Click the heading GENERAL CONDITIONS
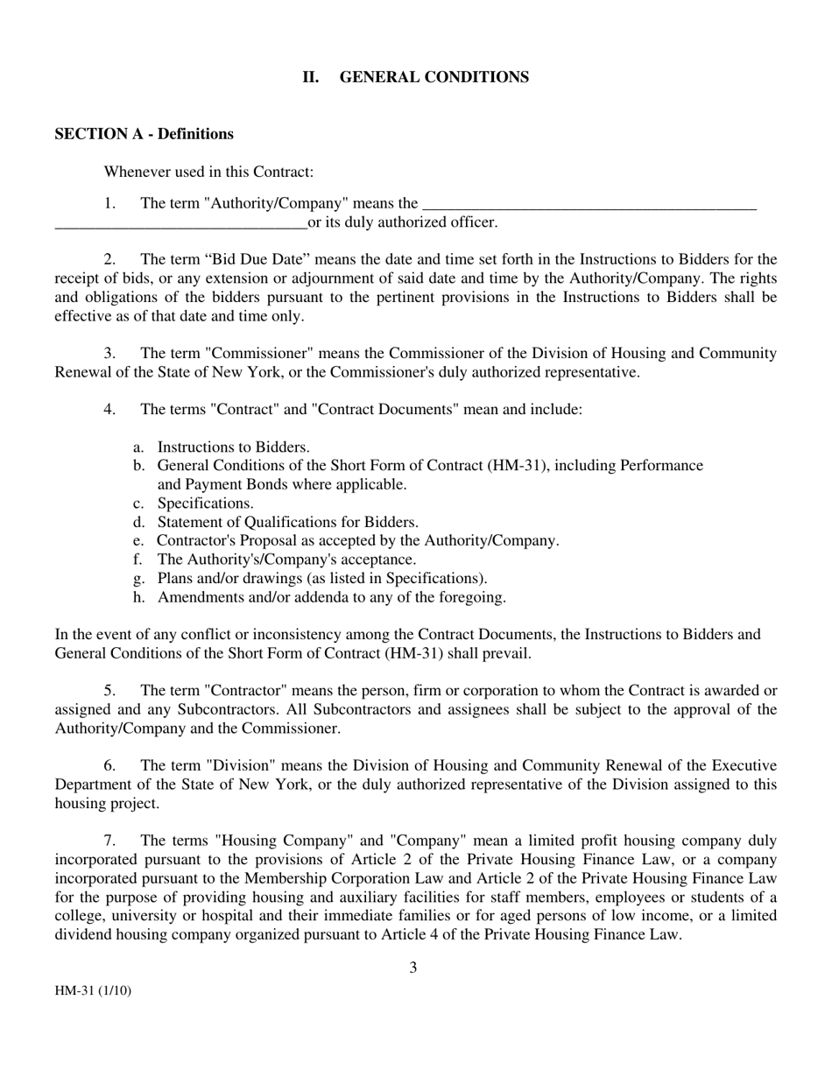[x=434, y=77]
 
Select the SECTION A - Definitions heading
[x=144, y=134]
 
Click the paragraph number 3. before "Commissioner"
[x=109, y=353]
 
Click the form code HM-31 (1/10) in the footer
[x=93, y=991]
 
